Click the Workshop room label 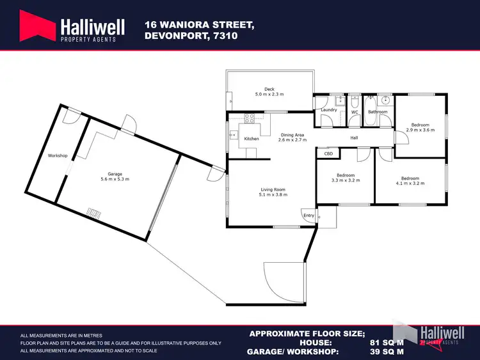pos(58,155)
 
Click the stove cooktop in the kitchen pos(250,118)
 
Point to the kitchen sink pos(232,134)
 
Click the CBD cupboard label pos(329,153)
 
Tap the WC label pos(354,112)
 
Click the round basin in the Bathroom pos(385,101)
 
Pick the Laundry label pos(329,109)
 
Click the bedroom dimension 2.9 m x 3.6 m pos(420,130)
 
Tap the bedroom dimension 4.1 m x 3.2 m pos(410,184)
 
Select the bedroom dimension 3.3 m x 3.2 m pos(346,180)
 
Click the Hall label pos(354,138)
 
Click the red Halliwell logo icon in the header pos(37,29)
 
